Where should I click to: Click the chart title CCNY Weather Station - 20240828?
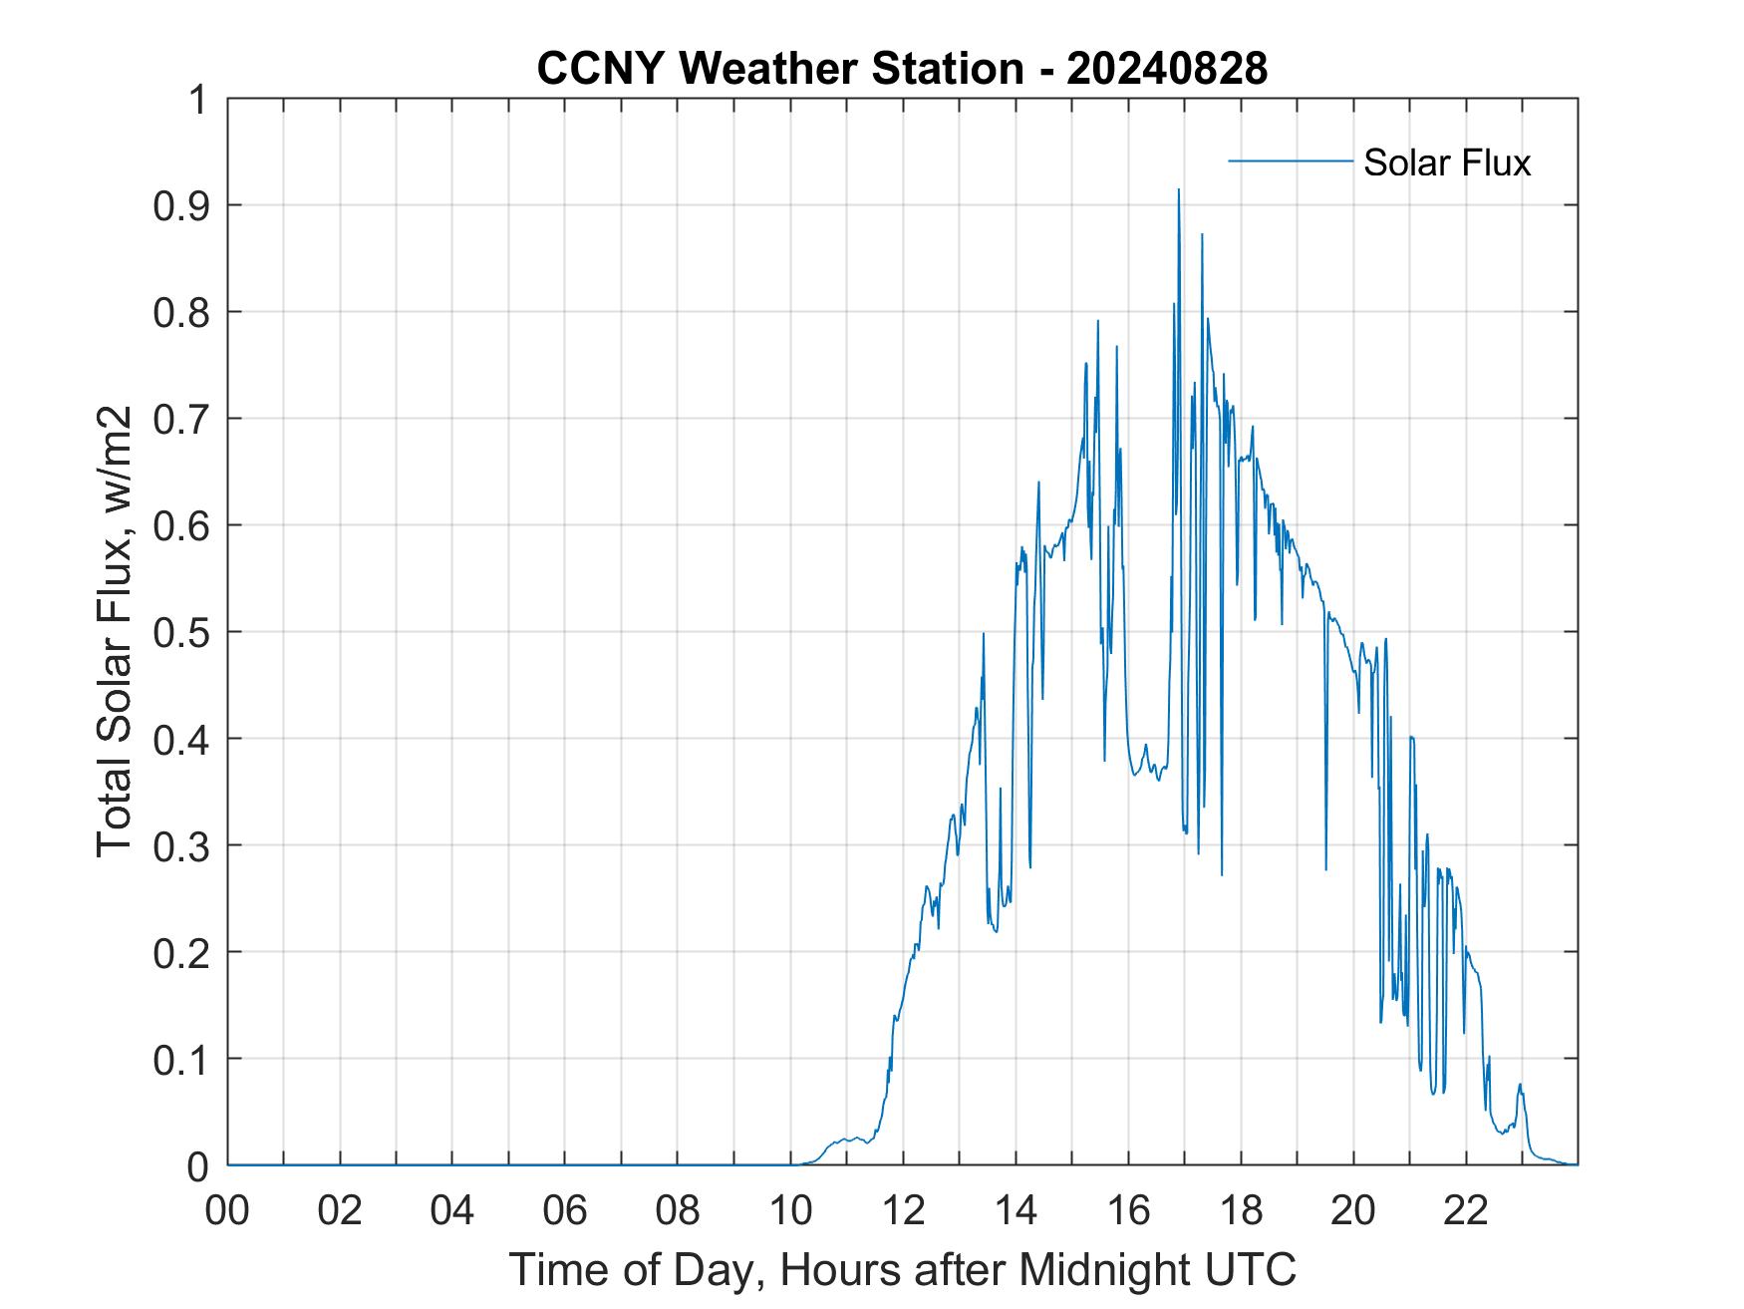click(902, 69)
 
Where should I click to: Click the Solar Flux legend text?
click(1446, 163)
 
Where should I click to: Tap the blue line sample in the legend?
click(1290, 161)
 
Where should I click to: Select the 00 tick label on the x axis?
click(227, 1210)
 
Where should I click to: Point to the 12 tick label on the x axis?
click(903, 1210)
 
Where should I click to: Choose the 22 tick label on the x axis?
click(1466, 1210)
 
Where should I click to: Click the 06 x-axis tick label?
click(565, 1210)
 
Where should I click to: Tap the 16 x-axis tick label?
click(1128, 1210)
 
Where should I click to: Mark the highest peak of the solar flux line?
click(1179, 190)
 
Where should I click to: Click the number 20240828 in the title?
click(1167, 69)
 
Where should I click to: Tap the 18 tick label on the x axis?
click(1241, 1210)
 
